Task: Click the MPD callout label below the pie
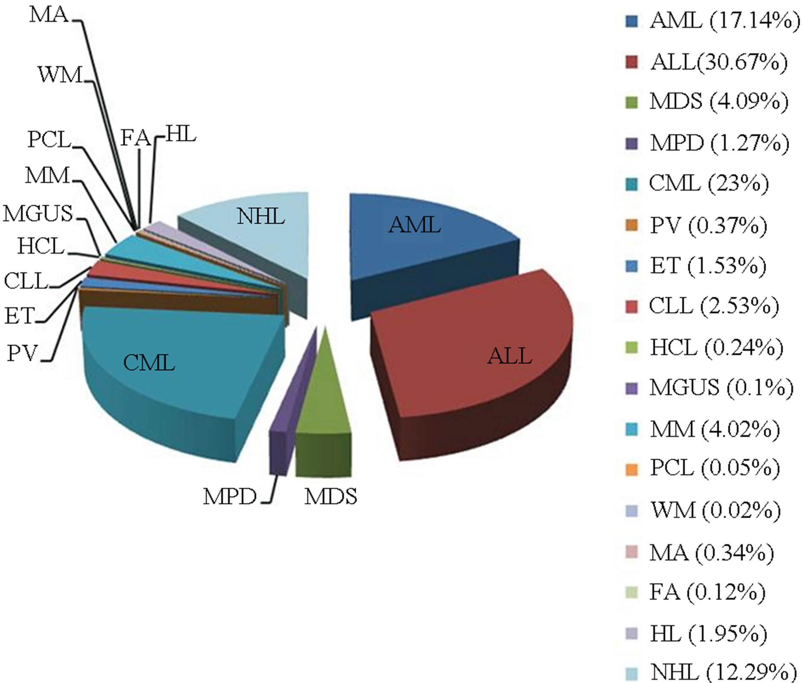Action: click(x=230, y=497)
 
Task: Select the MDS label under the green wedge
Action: click(x=331, y=497)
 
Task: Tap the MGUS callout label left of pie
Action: click(x=38, y=213)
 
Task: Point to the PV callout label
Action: click(x=22, y=353)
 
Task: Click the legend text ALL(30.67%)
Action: click(x=718, y=62)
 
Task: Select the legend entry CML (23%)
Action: click(x=709, y=184)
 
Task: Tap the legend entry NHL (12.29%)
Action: click(x=723, y=672)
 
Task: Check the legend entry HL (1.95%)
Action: click(x=708, y=634)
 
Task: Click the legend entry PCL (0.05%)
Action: click(x=715, y=468)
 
